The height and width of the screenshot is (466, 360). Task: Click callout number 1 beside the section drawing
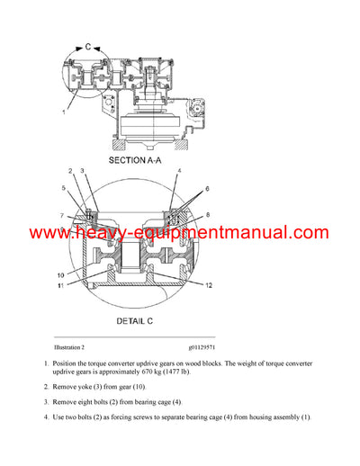pyautogui.click(x=63, y=112)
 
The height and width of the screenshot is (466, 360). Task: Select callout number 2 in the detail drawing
pyautogui.click(x=70, y=171)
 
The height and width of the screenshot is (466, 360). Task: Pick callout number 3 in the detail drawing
pyautogui.click(x=82, y=171)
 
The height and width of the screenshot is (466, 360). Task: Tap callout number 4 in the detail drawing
pyautogui.click(x=180, y=171)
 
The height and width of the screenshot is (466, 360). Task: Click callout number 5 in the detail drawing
pyautogui.click(x=64, y=188)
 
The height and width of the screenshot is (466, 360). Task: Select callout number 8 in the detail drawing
pyautogui.click(x=209, y=215)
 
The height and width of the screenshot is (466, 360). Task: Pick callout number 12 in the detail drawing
pyautogui.click(x=209, y=285)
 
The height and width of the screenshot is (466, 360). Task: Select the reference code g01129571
pyautogui.click(x=208, y=346)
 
